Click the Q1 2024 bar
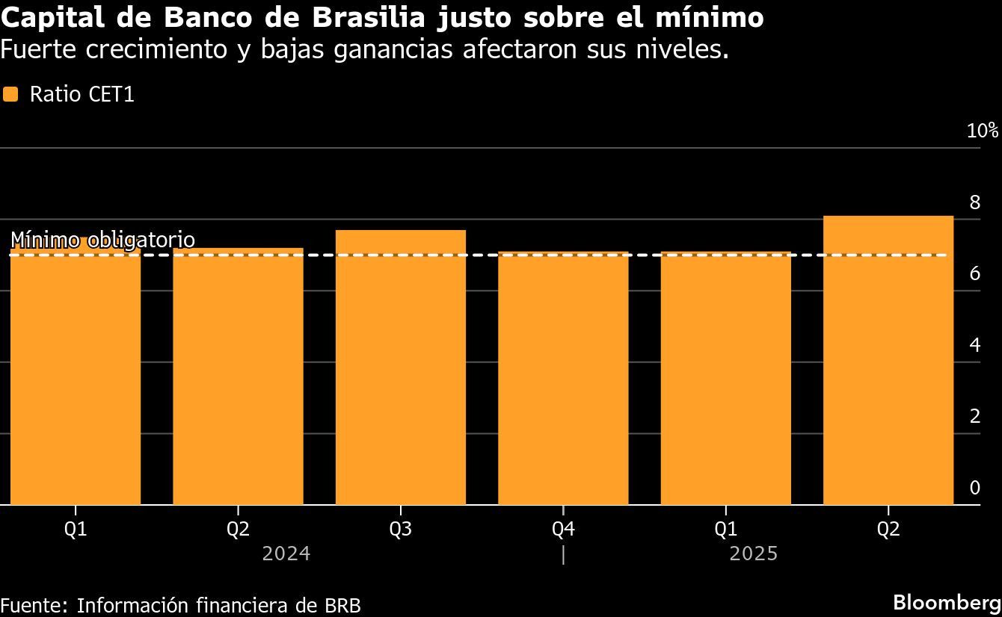(x=76, y=373)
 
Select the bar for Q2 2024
(x=238, y=376)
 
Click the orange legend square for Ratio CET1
(x=10, y=94)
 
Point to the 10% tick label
(x=982, y=131)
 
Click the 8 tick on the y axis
(x=974, y=202)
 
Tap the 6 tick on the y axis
(x=974, y=273)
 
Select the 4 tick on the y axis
(x=974, y=345)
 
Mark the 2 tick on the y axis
(x=974, y=416)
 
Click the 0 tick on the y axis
(x=974, y=488)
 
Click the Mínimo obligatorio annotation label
(x=102, y=240)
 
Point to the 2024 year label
(x=286, y=554)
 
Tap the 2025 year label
(x=754, y=554)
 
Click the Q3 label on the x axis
(x=401, y=530)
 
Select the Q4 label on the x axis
(x=563, y=530)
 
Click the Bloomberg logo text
(x=947, y=602)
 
